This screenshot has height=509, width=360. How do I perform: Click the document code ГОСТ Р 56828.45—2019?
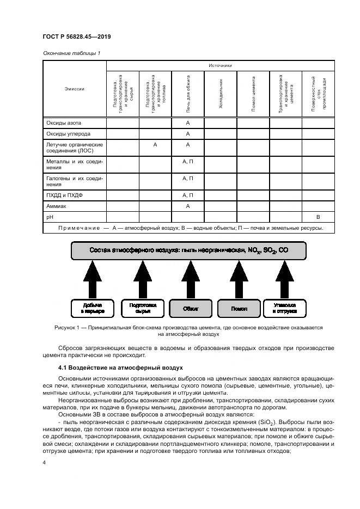(x=76, y=38)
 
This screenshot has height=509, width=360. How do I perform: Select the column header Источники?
(x=220, y=65)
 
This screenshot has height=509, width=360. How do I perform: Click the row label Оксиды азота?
(x=63, y=123)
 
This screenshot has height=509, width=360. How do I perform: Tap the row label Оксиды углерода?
(x=68, y=134)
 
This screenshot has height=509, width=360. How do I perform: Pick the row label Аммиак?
(x=58, y=206)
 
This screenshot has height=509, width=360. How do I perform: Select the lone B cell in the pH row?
(x=318, y=217)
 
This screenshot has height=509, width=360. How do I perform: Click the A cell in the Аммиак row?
(x=187, y=206)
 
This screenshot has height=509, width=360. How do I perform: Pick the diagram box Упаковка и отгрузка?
(x=285, y=309)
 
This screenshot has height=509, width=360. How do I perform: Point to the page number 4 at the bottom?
(x=44, y=462)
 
